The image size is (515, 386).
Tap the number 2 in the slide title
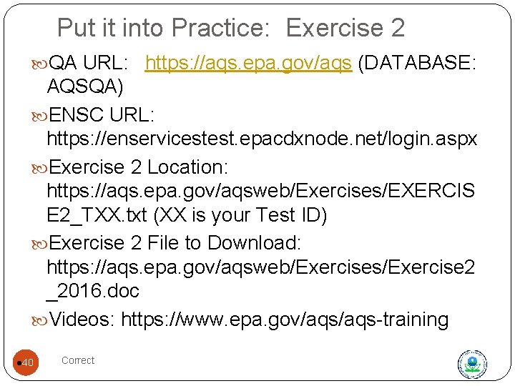(398, 29)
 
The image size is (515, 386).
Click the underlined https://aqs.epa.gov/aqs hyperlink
(248, 64)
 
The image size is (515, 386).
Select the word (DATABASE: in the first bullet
(417, 64)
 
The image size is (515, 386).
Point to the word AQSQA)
(84, 87)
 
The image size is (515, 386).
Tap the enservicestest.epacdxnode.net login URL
(261, 139)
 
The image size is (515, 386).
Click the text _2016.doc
(92, 291)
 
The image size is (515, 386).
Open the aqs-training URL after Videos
(285, 320)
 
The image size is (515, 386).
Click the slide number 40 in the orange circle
(27, 364)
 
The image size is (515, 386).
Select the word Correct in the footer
(78, 360)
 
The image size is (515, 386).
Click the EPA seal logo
(471, 364)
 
